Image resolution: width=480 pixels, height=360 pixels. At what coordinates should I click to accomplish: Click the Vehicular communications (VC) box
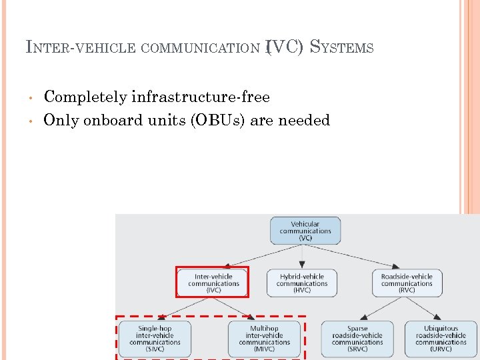(305, 231)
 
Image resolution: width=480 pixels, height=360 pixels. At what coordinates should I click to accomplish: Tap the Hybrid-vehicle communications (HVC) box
(302, 283)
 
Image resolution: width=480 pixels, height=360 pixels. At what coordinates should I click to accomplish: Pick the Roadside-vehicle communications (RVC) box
(407, 283)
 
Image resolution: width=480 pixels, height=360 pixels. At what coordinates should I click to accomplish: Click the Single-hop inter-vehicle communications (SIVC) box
(155, 338)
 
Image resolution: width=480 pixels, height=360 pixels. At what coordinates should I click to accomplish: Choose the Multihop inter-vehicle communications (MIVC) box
(265, 338)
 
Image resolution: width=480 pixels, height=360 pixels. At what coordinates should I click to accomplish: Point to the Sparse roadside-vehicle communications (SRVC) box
(357, 338)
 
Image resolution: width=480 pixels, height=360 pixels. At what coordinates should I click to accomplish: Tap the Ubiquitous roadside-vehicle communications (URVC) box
(441, 338)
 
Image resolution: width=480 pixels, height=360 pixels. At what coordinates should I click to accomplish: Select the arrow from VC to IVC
(257, 256)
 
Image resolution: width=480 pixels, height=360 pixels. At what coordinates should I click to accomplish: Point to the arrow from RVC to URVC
(427, 309)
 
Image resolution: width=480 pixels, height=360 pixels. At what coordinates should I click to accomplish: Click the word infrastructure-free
(201, 97)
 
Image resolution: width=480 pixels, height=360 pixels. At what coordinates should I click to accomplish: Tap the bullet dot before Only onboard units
(31, 121)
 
